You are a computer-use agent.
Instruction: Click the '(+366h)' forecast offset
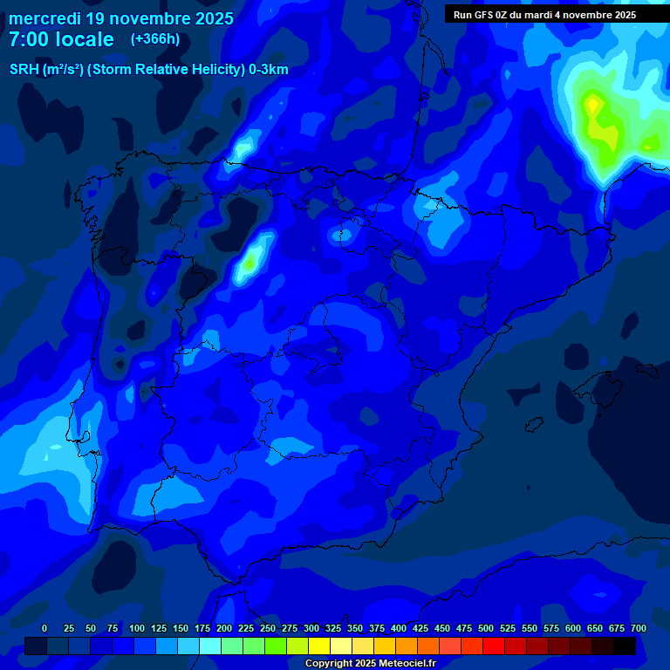pyautogui.click(x=154, y=38)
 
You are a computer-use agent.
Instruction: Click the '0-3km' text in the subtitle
pyautogui.click(x=268, y=70)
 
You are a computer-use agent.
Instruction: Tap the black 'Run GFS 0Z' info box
pyautogui.click(x=544, y=15)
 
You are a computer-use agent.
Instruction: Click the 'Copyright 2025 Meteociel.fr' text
pyautogui.click(x=370, y=663)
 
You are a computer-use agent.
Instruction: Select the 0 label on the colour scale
pyautogui.click(x=44, y=628)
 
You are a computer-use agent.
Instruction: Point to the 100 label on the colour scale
pyautogui.click(x=137, y=628)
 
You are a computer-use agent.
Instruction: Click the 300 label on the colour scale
pyautogui.click(x=311, y=628)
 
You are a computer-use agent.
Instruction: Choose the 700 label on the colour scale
pyautogui.click(x=639, y=628)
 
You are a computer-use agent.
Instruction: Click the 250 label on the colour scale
pyautogui.click(x=268, y=628)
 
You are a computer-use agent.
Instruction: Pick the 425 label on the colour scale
pyautogui.click(x=420, y=628)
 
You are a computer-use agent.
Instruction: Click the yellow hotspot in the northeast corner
pyautogui.click(x=593, y=104)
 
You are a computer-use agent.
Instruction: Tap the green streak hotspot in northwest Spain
pyautogui.click(x=251, y=260)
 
